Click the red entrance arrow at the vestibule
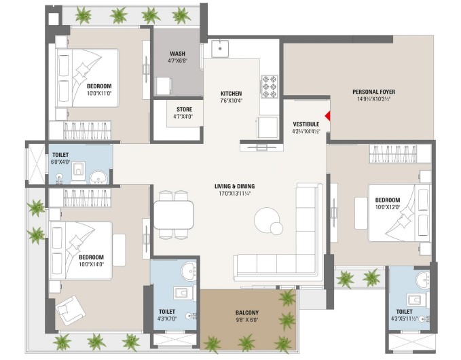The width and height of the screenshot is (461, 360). pos(327,116)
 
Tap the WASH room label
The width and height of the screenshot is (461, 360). pos(178,54)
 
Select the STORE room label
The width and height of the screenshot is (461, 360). pos(185,109)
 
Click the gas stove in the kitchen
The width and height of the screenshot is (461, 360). pos(270,86)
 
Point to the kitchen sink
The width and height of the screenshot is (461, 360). pos(219,48)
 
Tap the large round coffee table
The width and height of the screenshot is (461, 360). pos(267,219)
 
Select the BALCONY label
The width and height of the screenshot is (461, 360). pos(247,312)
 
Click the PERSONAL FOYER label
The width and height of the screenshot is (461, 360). pos(373,92)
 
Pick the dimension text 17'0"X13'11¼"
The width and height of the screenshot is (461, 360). pos(234,193)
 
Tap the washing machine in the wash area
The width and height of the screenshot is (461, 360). pos(164,86)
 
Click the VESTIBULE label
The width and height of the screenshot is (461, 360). pos(306,124)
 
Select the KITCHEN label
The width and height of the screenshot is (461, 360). pos(231,94)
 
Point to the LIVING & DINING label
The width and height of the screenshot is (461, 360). pos(235,186)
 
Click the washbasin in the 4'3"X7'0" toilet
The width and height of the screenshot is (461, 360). pos(189,270)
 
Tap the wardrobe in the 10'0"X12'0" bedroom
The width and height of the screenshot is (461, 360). pos(393,154)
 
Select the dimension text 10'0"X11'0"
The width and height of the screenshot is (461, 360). pos(99,93)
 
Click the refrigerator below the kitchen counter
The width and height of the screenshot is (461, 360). pos(268,127)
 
